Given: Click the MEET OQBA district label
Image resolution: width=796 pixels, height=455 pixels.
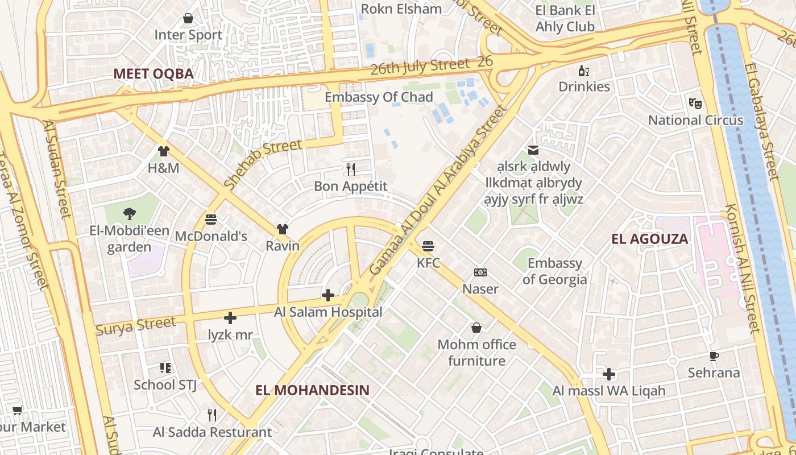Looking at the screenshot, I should click(154, 73).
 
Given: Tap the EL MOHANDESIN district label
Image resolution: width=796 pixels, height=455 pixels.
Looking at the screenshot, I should click(312, 390).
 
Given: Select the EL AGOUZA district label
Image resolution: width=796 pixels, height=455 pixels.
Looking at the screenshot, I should click(650, 239).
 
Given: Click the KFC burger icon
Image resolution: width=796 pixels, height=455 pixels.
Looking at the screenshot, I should click(428, 246).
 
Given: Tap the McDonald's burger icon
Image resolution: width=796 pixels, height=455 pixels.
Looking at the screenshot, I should click(211, 219).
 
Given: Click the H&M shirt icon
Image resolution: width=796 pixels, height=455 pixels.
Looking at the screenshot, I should click(164, 151).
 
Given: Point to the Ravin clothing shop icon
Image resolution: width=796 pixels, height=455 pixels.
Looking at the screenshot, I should click(283, 229).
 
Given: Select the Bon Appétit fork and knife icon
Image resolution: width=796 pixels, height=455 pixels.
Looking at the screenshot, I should click(351, 169).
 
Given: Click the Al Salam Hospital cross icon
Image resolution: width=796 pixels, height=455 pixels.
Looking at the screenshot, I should click(328, 295).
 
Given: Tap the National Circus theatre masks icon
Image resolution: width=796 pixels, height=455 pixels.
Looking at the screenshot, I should click(695, 104).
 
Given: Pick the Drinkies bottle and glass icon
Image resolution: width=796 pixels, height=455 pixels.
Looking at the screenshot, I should click(583, 71).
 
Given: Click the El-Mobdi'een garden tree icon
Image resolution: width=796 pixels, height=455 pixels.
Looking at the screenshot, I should click(130, 214).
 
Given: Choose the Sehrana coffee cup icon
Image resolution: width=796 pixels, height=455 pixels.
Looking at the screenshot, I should click(714, 357).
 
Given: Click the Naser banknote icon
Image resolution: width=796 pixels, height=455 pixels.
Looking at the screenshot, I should click(480, 272).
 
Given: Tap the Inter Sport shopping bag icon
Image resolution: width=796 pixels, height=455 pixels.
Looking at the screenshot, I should click(188, 19).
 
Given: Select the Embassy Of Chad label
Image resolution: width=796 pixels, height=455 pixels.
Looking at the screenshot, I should click(379, 97).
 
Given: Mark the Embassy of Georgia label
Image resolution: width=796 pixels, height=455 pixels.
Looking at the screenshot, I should click(554, 271).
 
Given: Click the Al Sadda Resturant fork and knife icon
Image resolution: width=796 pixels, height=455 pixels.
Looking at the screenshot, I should click(212, 415).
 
